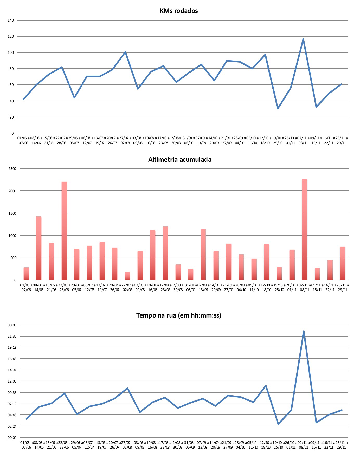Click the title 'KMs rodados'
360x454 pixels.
[179, 11]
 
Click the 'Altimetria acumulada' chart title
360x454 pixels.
[180, 159]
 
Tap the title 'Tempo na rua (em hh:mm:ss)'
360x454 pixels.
[179, 315]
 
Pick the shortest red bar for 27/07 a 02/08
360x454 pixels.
[127, 276]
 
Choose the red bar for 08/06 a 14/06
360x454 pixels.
[39, 248]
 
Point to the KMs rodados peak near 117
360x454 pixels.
[303, 39]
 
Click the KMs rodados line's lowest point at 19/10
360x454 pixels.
[278, 108]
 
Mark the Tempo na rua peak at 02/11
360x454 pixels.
[304, 331]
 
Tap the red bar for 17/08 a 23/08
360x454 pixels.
[165, 253]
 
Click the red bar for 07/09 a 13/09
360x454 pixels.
[203, 254]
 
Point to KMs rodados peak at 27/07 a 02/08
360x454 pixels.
[125, 52]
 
